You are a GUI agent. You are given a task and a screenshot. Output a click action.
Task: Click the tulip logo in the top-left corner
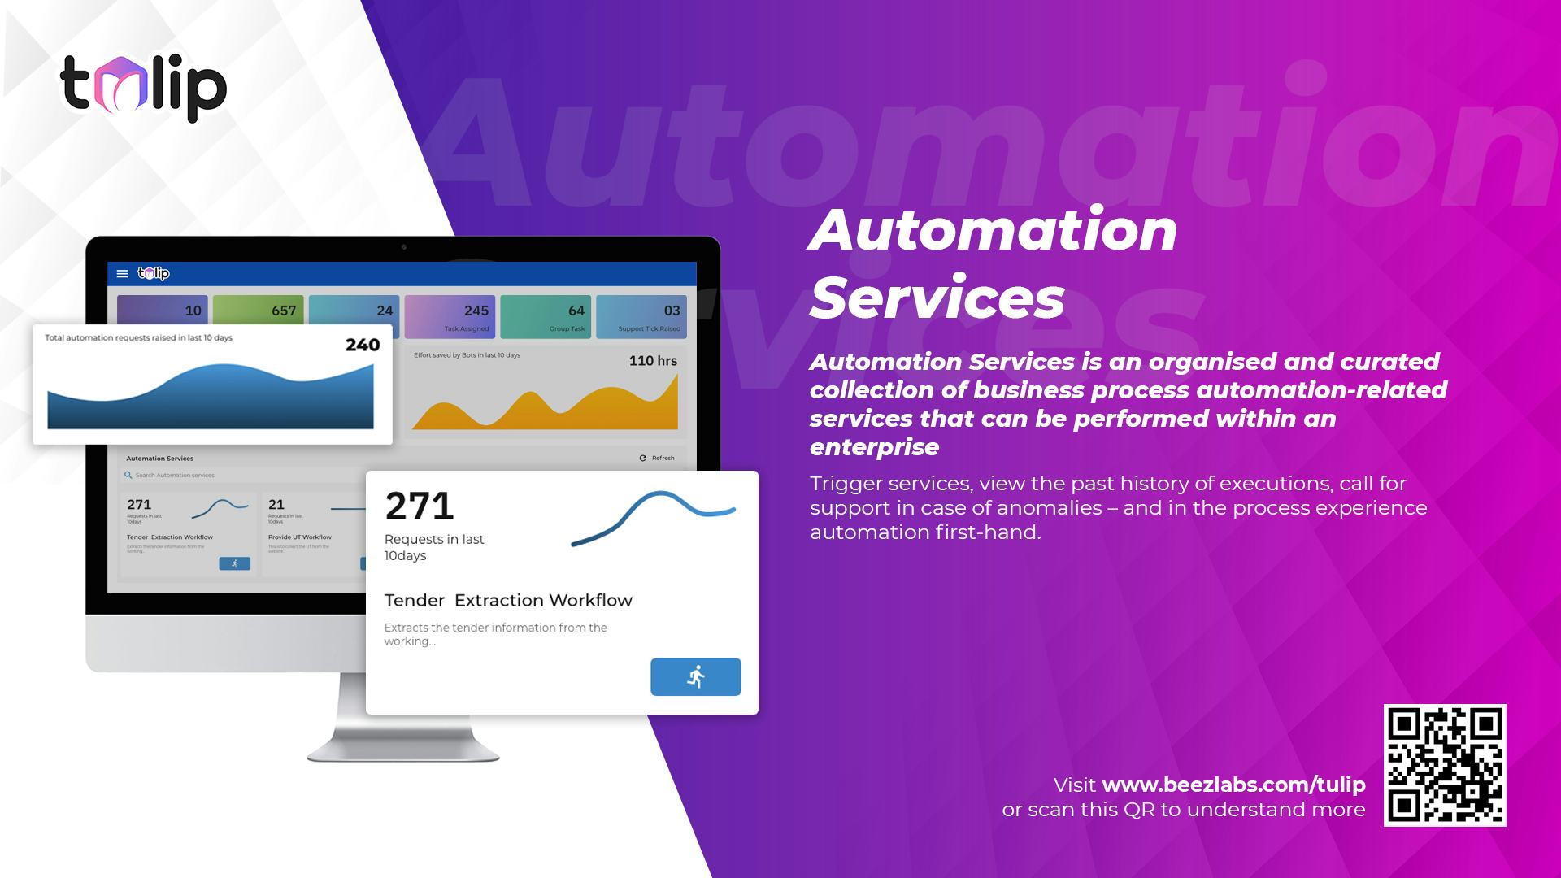point(143,88)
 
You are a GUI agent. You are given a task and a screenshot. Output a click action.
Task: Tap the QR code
point(1445,765)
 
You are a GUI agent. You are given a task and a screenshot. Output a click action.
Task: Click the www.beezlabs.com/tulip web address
point(1233,785)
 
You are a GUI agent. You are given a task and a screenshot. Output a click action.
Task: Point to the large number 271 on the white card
point(420,506)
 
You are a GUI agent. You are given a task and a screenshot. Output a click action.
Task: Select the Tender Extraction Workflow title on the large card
point(508,600)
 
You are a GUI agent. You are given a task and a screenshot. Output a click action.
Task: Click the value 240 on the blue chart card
point(363,345)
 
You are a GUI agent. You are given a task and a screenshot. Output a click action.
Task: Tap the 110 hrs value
point(653,360)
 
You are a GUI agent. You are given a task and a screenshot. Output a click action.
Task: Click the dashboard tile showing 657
point(259,315)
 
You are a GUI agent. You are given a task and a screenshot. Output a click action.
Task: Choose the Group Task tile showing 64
point(546,315)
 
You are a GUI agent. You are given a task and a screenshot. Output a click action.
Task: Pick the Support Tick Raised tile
point(641,315)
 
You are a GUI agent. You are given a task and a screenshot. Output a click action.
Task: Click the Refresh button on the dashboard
point(657,458)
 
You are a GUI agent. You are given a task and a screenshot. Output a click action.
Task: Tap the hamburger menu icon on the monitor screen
point(123,274)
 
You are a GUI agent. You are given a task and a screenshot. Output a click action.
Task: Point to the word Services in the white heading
point(937,297)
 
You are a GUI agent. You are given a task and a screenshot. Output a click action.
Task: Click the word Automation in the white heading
point(993,229)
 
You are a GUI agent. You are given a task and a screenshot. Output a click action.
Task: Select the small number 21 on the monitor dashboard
point(276,504)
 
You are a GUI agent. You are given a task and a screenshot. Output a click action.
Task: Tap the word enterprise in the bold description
point(874,446)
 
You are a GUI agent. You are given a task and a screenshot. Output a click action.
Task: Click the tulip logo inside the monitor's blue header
point(154,273)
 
